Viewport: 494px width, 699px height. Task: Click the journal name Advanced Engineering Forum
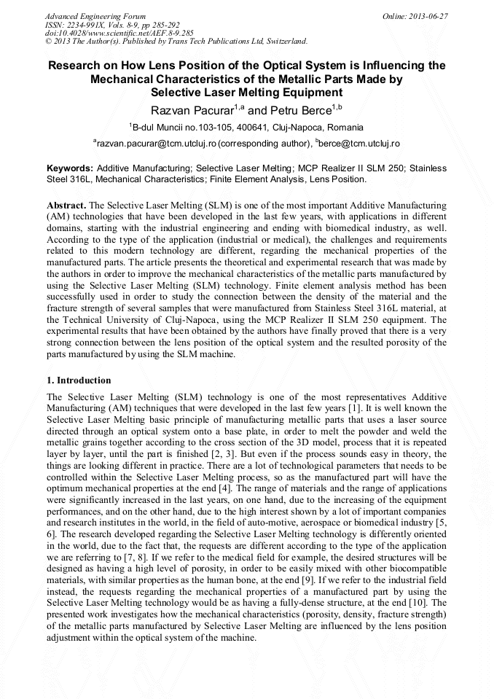[95, 16]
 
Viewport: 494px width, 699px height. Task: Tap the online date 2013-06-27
[428, 16]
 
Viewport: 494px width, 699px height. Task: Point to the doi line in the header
[119, 33]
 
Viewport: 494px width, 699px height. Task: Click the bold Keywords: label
[69, 168]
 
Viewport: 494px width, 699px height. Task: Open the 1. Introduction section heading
[79, 380]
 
